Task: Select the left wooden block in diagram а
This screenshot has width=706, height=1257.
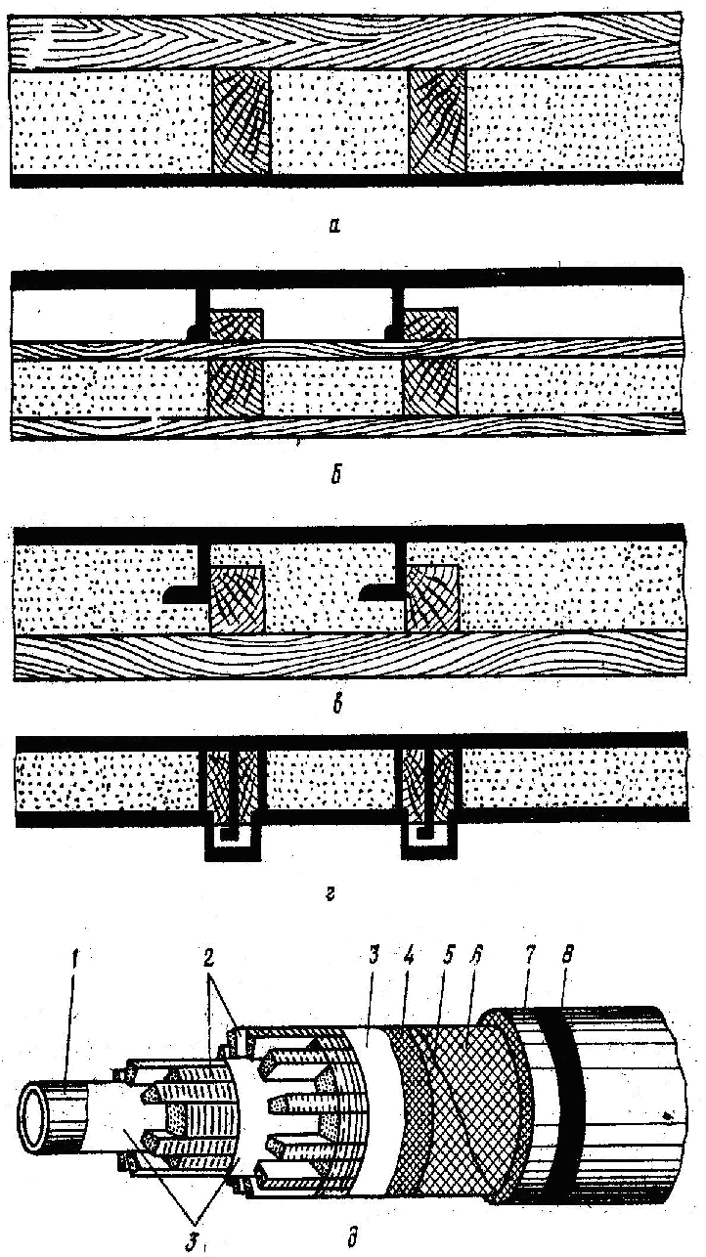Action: [x=241, y=122]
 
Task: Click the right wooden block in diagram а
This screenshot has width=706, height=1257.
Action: [x=437, y=122]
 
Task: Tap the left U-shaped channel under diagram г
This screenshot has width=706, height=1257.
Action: [x=233, y=843]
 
